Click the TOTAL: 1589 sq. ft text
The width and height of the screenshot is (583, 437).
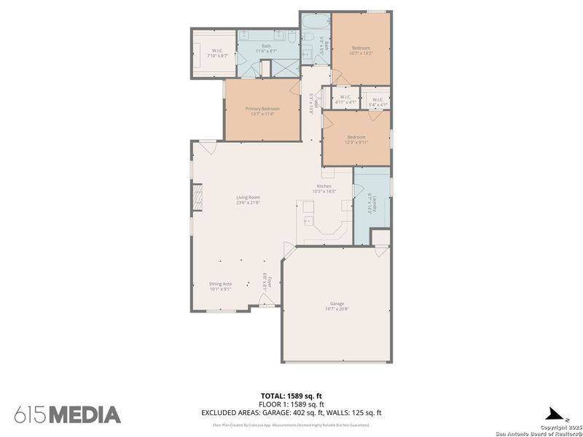pyautogui.click(x=291, y=396)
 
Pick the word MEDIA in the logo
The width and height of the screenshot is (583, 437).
pyautogui.click(x=85, y=414)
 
